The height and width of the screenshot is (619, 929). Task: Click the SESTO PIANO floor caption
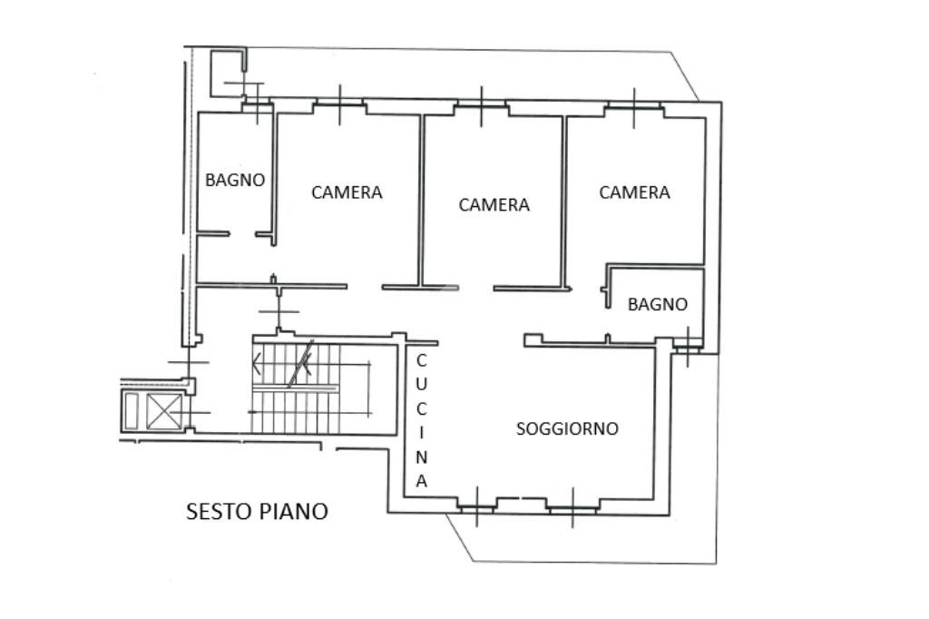coord(257,511)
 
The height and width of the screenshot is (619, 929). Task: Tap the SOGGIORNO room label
coord(567,428)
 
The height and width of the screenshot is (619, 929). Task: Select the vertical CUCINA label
coord(421,421)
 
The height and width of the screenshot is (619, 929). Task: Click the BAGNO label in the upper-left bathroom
coord(235,180)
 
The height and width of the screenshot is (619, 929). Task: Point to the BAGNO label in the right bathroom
coord(657,304)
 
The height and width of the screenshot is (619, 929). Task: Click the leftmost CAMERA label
coord(347,192)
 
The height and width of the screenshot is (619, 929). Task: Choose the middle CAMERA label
coord(494,205)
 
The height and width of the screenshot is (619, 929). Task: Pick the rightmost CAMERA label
coord(634,192)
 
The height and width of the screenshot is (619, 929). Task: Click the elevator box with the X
coord(164,411)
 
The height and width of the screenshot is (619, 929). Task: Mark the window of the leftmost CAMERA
coord(339,106)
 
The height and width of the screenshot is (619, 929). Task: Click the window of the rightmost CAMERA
coord(633,108)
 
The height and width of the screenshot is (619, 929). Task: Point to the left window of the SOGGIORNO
coord(475,506)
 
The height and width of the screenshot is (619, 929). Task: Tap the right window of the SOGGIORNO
coord(572,506)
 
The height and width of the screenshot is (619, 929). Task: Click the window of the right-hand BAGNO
coord(687,346)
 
